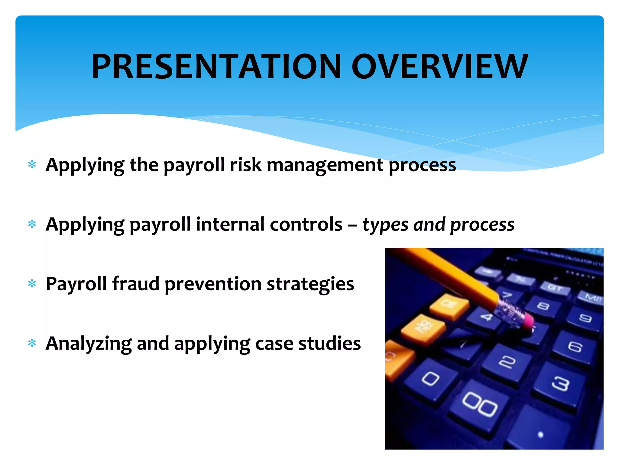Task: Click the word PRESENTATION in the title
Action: (x=216, y=67)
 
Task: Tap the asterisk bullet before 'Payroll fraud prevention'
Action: (x=32, y=284)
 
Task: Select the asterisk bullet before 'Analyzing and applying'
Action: (x=32, y=343)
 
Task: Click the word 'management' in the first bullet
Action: (x=325, y=165)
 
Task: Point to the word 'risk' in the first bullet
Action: (x=245, y=165)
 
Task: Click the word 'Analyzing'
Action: (x=88, y=344)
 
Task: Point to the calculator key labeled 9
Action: (x=585, y=318)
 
